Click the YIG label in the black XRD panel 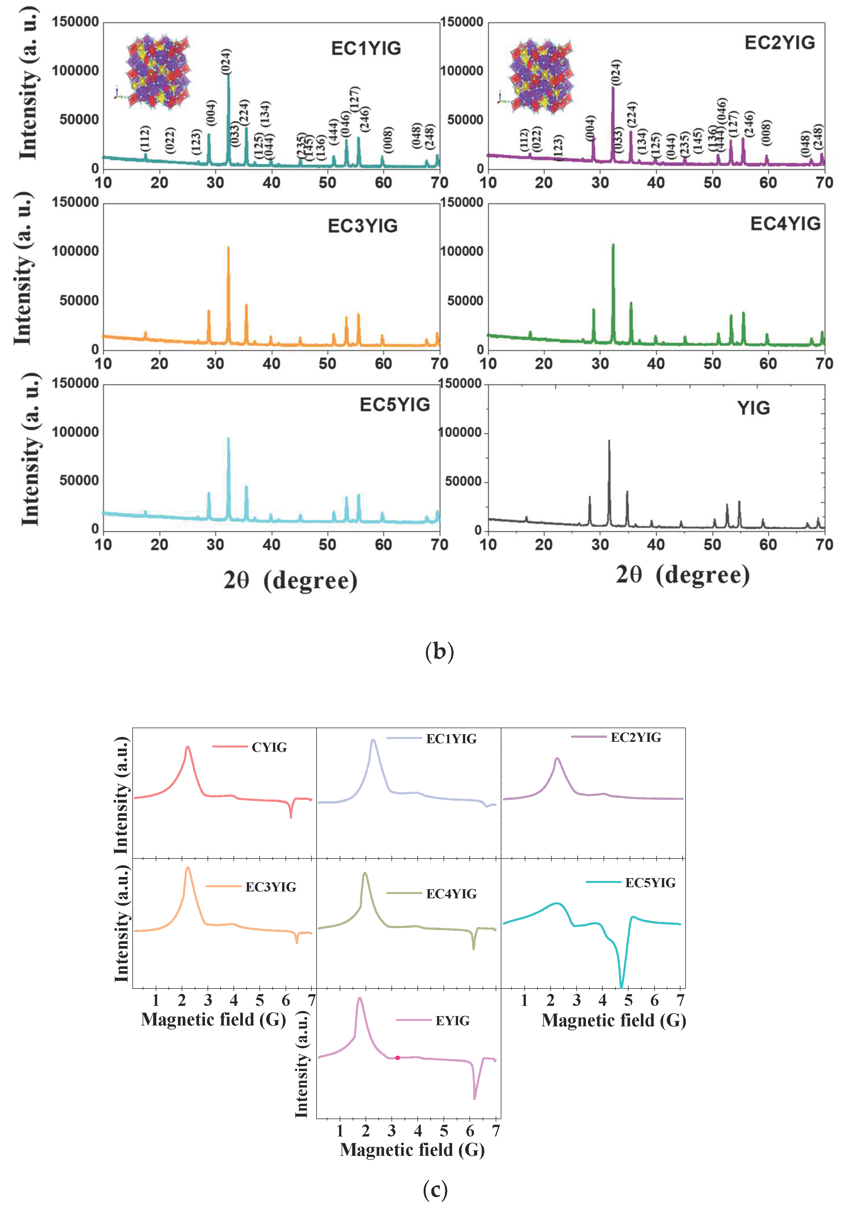[753, 408]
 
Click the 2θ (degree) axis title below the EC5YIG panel [290, 580]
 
